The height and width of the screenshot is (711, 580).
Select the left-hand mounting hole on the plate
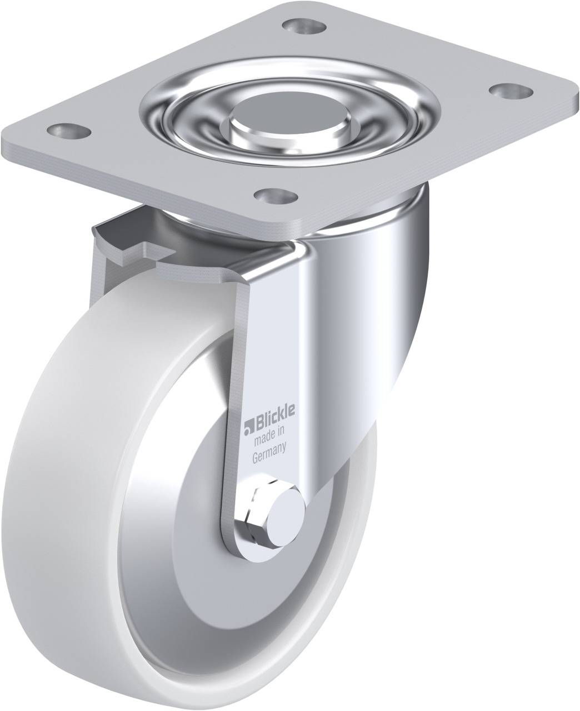(x=69, y=130)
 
